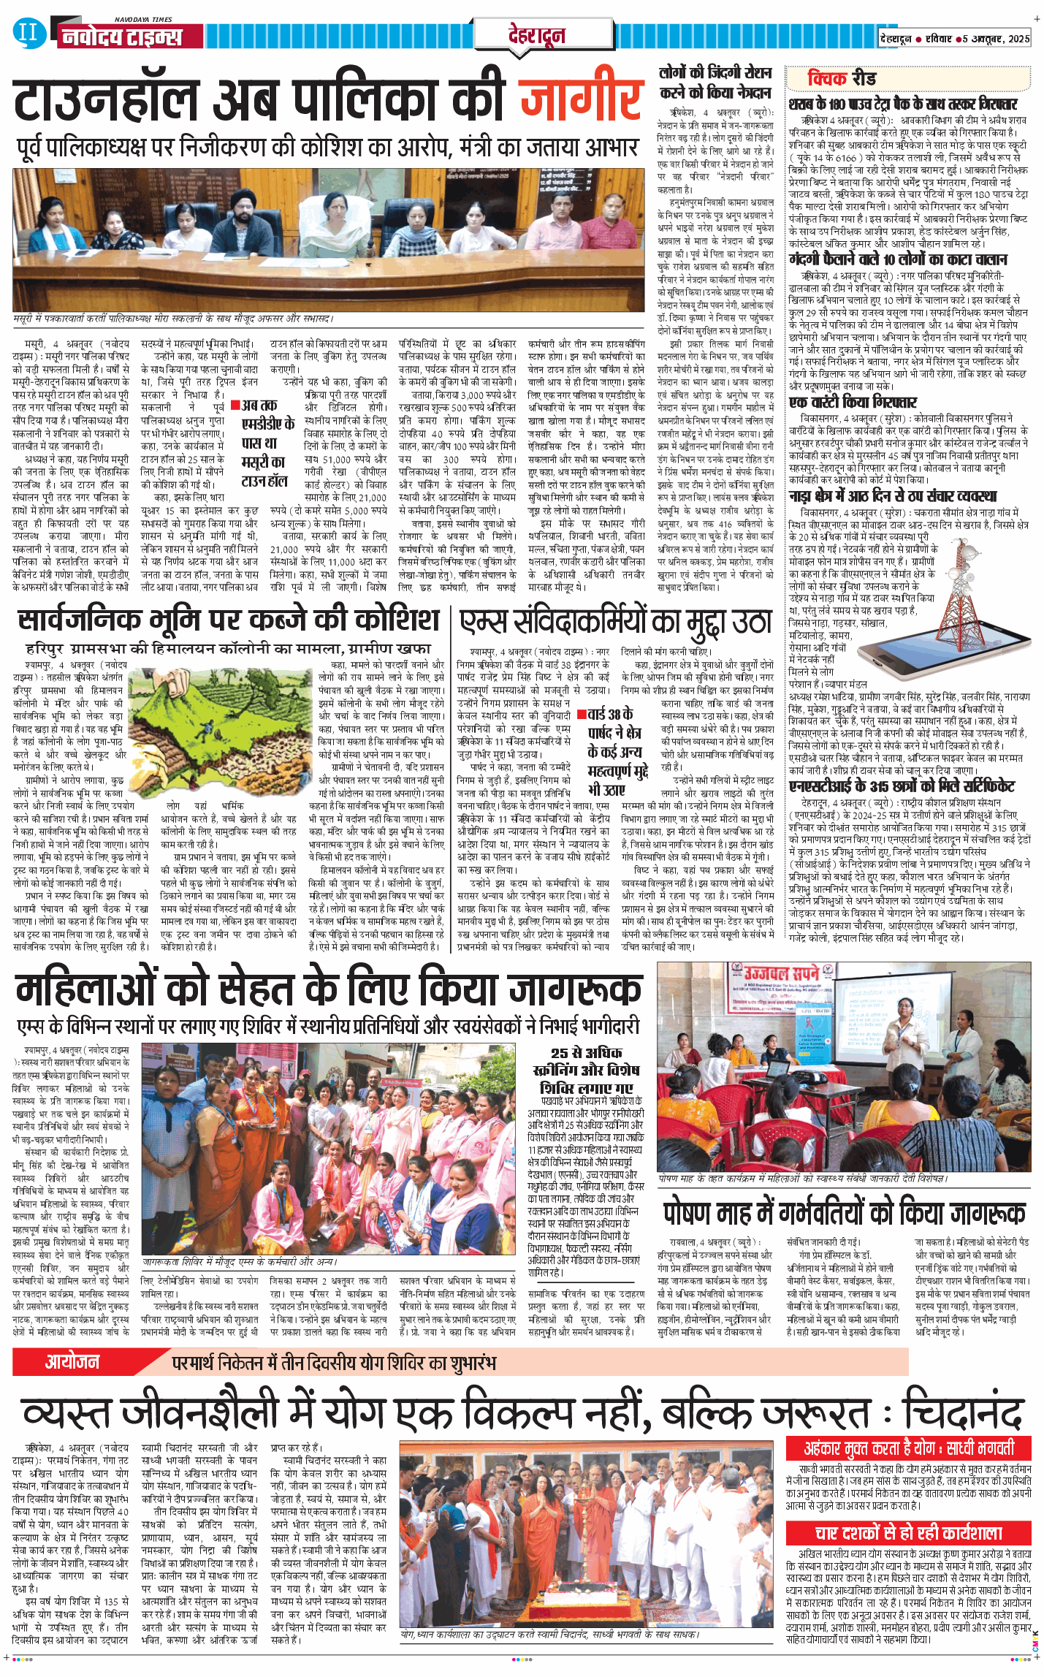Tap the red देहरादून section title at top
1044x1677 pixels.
[536, 35]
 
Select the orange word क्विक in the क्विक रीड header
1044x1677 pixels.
[826, 78]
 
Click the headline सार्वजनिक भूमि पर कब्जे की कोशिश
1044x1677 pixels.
[229, 620]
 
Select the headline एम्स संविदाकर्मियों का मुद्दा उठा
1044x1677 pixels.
[615, 623]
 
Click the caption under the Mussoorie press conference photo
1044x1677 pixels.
[173, 319]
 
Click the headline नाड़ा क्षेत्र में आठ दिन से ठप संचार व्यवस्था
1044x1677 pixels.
[892, 496]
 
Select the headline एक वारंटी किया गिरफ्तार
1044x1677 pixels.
[842, 402]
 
